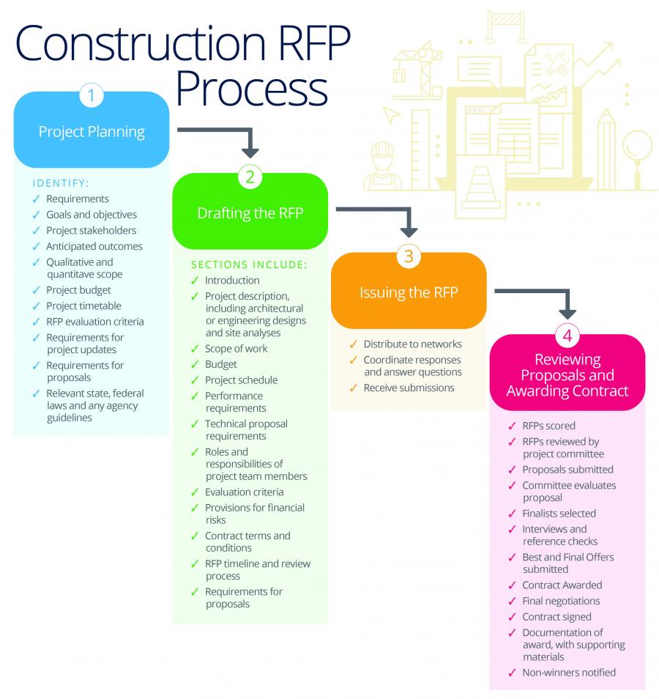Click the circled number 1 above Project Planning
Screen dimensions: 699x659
coord(91,95)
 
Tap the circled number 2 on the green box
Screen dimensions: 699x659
coord(250,177)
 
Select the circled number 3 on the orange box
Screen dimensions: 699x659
coord(409,256)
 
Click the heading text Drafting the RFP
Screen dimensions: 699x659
coord(250,213)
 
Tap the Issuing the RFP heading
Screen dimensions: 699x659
coord(408,292)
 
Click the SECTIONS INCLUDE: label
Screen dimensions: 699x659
coord(249,265)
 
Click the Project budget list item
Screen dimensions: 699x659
coord(78,290)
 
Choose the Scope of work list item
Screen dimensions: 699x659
coord(236,349)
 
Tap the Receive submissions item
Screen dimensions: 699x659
coord(409,387)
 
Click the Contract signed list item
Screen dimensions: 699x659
coord(556,617)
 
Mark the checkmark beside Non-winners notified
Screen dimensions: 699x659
coord(512,673)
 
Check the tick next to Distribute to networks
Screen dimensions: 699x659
coord(354,344)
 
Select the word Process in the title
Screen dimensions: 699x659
coord(251,89)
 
